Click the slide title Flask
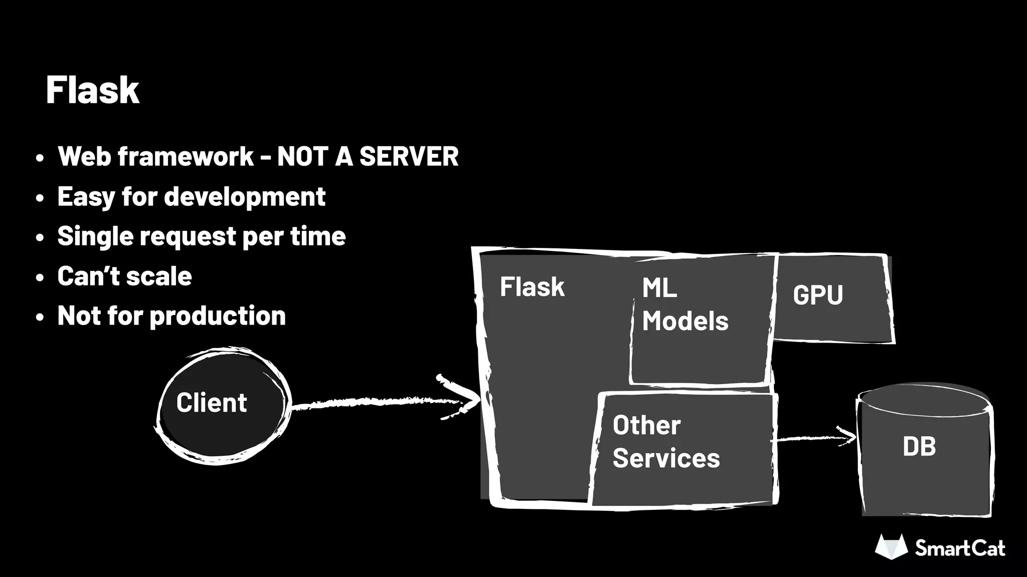pos(92,90)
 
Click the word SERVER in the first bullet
pos(409,157)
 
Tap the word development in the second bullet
pos(245,197)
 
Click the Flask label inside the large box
pos(532,287)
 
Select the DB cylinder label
pos(919,446)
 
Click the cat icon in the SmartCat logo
pos(891,547)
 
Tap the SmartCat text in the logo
pos(959,548)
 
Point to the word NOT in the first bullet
pos(302,157)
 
